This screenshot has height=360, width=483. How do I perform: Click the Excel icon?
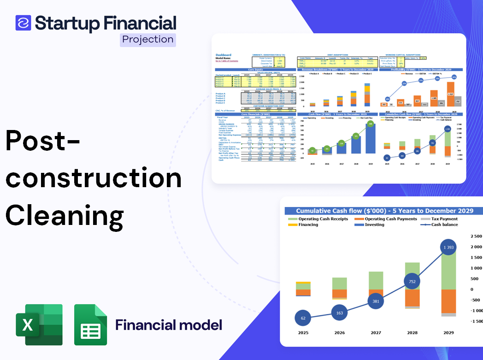coord(39,325)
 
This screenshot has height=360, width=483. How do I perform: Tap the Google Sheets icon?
coord(91,325)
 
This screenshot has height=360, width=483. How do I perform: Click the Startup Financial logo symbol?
coord(23,23)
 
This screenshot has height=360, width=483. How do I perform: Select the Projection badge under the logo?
coord(147,39)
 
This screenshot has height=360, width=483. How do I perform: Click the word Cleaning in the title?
coord(65,215)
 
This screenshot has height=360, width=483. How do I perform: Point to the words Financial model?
coord(169,325)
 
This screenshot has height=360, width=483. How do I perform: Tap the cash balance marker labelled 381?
coord(376,301)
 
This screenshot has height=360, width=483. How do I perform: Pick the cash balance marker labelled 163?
coord(340,313)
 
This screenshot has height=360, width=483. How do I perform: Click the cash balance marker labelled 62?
coord(303,318)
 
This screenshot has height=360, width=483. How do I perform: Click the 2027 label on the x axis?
coord(376,332)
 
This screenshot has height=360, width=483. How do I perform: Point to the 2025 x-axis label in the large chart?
coord(303,332)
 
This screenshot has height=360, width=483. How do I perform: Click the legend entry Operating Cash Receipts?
coord(323,218)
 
